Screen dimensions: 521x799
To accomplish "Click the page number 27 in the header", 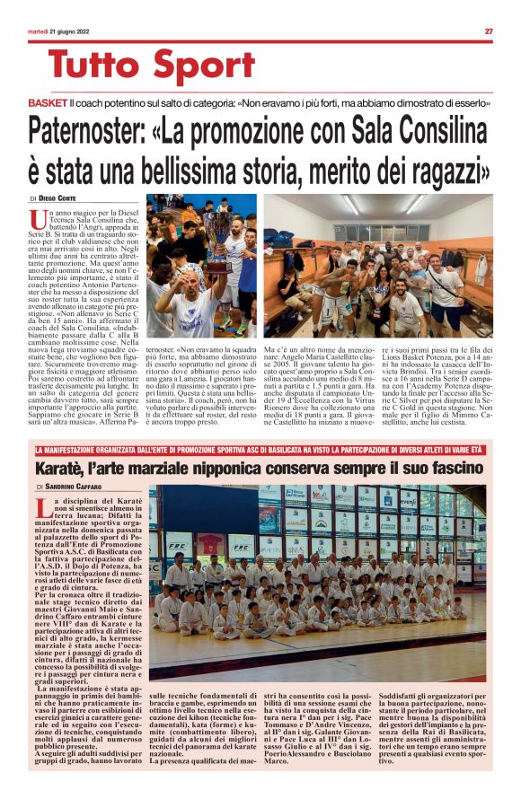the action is click(489, 31).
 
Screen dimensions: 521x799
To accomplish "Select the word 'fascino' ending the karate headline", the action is click(457, 467).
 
